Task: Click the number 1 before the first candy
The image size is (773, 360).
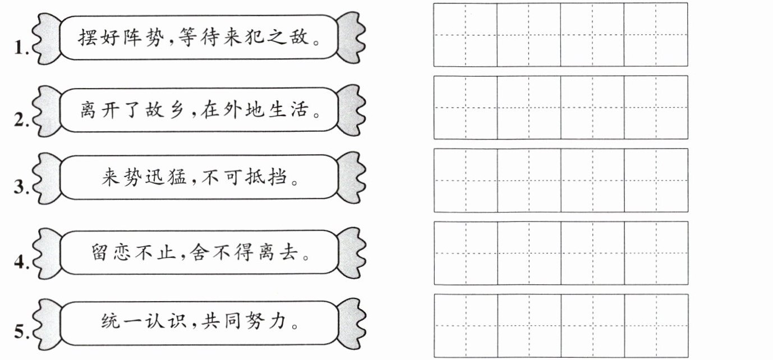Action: pos(21,48)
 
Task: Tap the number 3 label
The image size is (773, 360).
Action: pos(21,187)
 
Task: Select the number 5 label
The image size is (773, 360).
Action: pos(21,332)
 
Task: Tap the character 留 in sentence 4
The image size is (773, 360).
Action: pos(102,252)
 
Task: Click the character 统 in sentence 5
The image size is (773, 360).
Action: pos(111,321)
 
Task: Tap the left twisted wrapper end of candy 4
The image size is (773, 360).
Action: pos(46,253)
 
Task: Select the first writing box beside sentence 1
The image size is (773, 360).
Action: pos(465,35)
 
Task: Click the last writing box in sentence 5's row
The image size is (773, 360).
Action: pos(655,325)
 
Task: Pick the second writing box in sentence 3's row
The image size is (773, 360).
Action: pos(528,180)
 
